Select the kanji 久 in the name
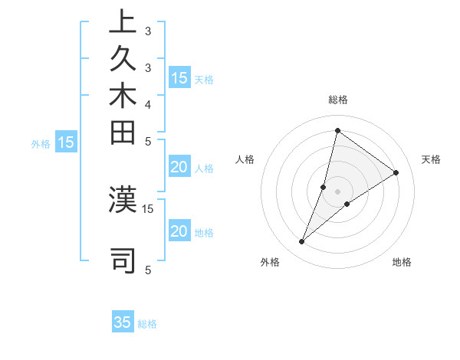point(123,61)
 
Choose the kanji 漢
point(123,198)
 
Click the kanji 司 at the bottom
point(123,260)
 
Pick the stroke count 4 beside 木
point(147,104)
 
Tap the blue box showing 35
point(123,322)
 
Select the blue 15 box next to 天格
point(179,78)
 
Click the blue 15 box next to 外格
point(66,142)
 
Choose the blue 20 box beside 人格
point(179,169)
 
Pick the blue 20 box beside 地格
point(179,232)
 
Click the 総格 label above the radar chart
point(337,100)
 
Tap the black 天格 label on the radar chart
point(431,159)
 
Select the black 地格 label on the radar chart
point(402,263)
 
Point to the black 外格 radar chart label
point(270,263)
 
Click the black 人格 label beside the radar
point(245,159)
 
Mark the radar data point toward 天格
point(396,172)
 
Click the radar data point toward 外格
point(301,242)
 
